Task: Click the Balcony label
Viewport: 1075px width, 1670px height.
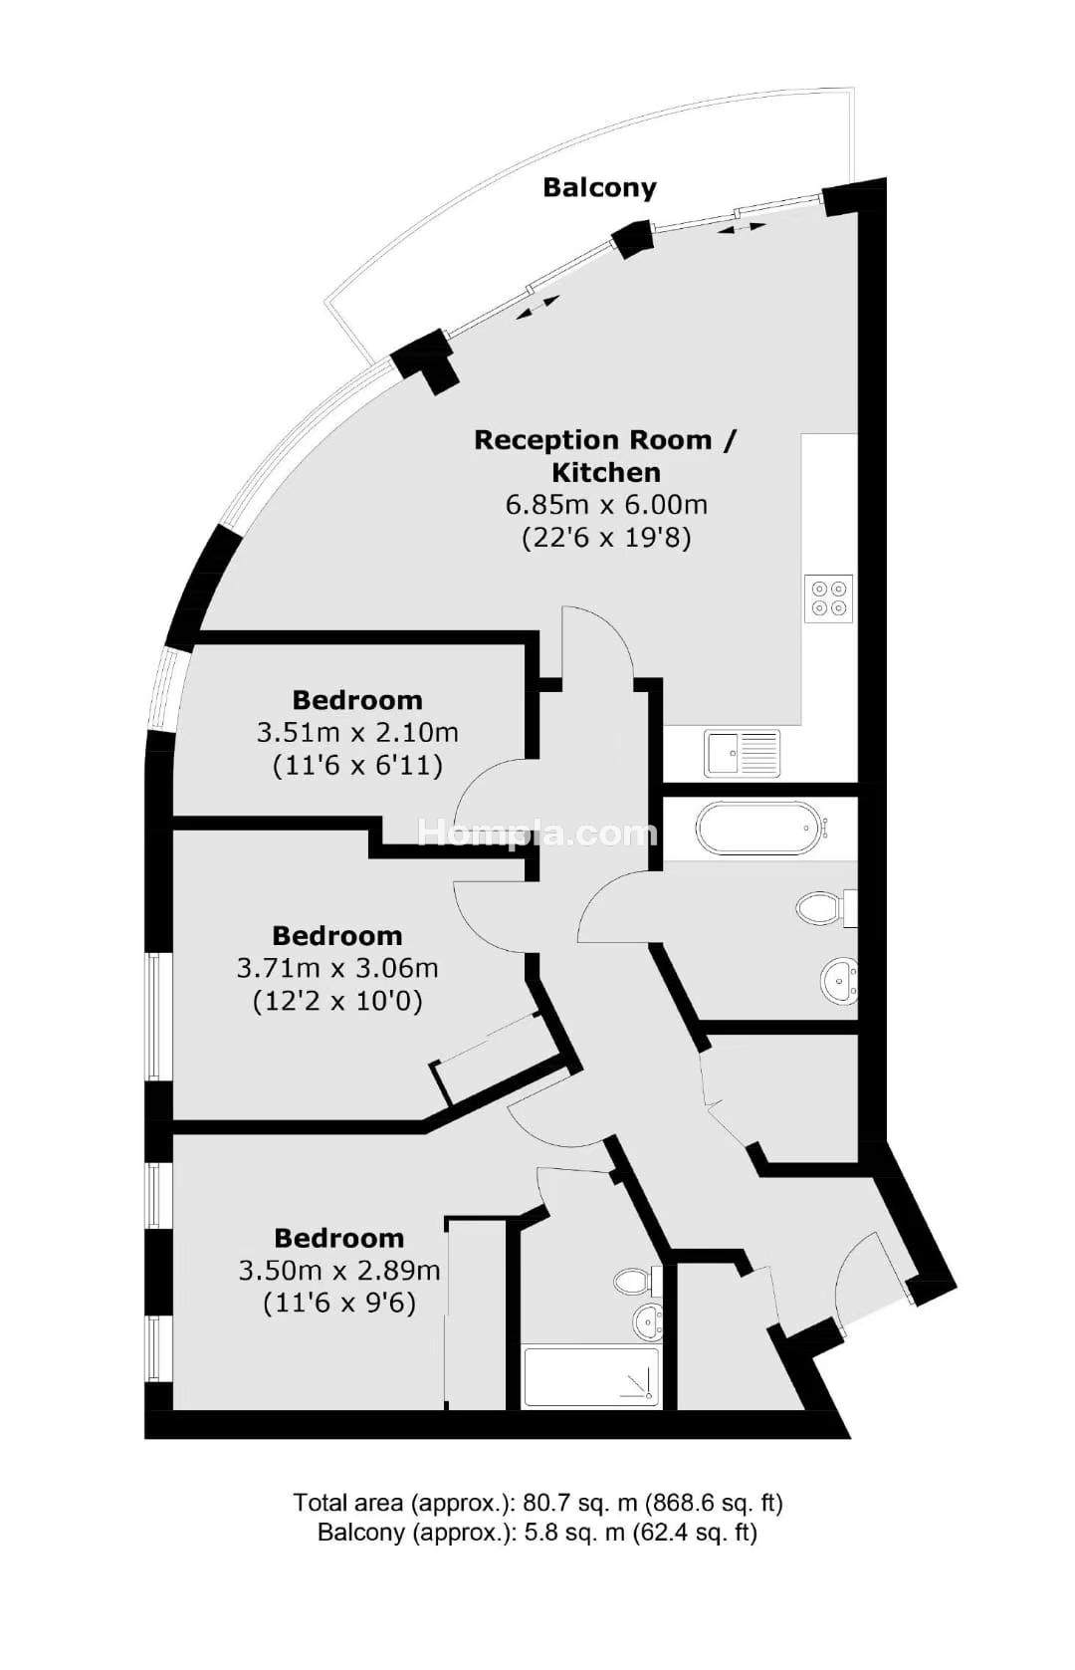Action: click(x=599, y=187)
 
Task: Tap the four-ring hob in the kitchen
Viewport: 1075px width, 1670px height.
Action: click(x=828, y=597)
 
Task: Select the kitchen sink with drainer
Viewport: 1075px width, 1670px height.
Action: click(x=742, y=753)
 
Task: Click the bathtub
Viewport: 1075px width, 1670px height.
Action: click(x=759, y=828)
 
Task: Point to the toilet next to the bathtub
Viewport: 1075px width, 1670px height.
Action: click(x=825, y=908)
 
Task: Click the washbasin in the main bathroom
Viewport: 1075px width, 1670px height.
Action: click(x=838, y=981)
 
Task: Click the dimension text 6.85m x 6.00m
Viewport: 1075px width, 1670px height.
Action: click(x=605, y=505)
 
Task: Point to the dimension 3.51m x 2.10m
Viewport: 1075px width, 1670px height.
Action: click(x=357, y=733)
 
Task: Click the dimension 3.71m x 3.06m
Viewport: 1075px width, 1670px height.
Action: click(x=337, y=969)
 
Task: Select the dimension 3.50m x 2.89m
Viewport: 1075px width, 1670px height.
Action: click(x=339, y=1271)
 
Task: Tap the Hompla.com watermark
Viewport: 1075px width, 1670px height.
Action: click(x=537, y=833)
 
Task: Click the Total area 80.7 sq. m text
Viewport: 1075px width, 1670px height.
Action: click(x=537, y=1502)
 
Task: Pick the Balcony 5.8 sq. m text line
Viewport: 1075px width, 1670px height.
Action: click(x=537, y=1532)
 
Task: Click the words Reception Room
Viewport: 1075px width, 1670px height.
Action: click(x=593, y=440)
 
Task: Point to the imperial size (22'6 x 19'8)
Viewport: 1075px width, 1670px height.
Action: click(x=606, y=538)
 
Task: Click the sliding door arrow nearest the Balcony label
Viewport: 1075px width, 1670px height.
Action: click(x=742, y=228)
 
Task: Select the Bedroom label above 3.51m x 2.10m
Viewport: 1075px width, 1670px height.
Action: click(x=357, y=700)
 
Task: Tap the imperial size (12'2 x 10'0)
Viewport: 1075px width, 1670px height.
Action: click(x=337, y=1001)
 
